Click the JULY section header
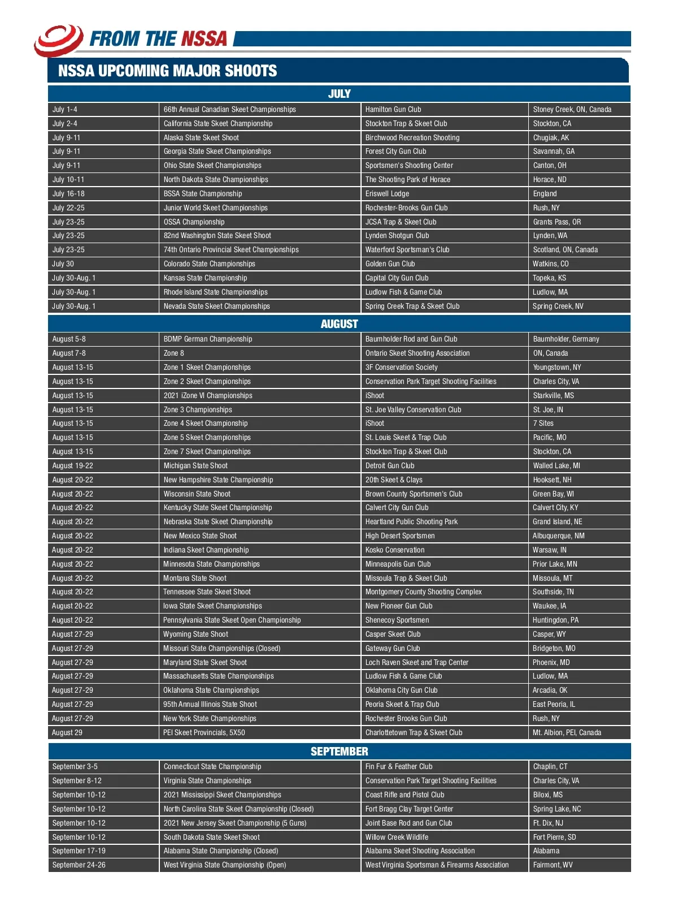[x=339, y=94]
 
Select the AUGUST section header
[x=339, y=324]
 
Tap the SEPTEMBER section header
[x=339, y=752]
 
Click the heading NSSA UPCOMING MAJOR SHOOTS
[x=168, y=71]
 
